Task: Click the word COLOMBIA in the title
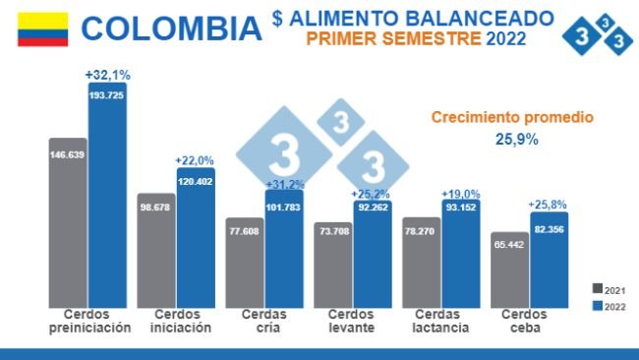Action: point(171,28)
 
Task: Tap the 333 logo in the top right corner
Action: point(597,35)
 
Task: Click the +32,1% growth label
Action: point(107,74)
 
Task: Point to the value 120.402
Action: point(195,181)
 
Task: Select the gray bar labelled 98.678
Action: point(155,251)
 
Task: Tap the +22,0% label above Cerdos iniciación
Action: point(195,160)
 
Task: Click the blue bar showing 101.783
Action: point(283,251)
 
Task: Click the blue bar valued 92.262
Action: point(372,256)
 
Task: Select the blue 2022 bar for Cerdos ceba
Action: point(549,261)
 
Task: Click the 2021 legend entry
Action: point(610,288)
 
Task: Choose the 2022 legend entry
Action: point(610,305)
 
